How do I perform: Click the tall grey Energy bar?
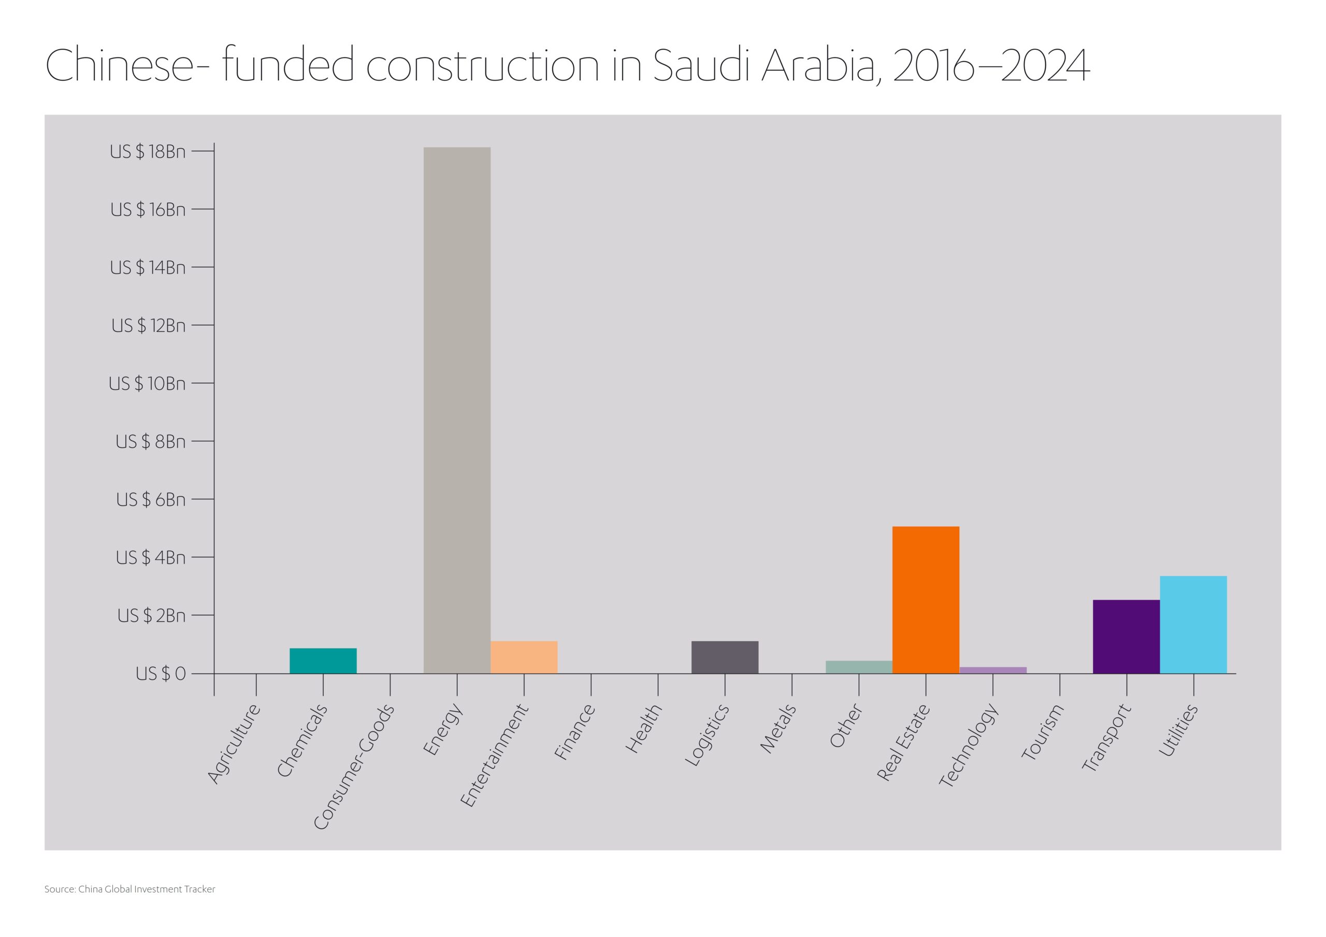[457, 410]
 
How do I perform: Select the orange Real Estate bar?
[925, 600]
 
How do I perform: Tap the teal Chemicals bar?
[323, 660]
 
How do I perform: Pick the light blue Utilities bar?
[1193, 625]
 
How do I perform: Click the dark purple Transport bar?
[1126, 637]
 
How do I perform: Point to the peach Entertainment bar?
[524, 657]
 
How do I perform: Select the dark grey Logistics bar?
[725, 657]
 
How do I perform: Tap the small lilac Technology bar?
[993, 670]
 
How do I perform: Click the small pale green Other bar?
[859, 667]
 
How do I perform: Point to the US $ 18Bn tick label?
[148, 152]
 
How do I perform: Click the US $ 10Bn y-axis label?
[147, 384]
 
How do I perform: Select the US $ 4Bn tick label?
[151, 557]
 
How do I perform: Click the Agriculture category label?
[234, 744]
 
